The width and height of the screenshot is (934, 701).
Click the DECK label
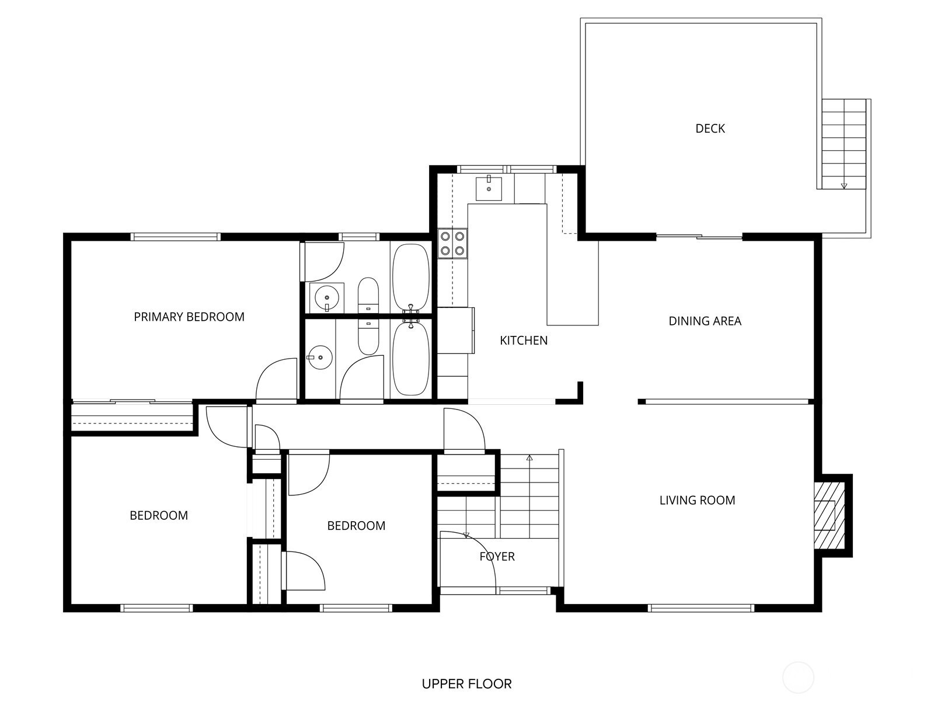710,129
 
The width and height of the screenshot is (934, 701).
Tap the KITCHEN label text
524,341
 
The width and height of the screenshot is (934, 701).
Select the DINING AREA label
705,321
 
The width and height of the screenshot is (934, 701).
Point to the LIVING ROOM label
697,500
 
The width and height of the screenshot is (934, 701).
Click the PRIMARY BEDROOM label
189,317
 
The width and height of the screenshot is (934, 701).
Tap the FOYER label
497,557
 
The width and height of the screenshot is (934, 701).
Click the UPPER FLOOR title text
466,683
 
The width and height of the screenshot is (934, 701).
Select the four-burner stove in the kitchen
452,244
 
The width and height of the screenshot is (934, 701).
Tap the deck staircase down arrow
844,186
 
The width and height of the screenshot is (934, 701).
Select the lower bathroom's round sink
320,357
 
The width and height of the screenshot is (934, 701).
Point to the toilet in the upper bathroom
368,294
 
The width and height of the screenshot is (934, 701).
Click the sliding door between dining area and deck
699,237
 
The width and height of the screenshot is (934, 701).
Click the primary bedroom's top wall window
175,237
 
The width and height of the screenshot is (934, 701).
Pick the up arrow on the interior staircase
529,458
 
